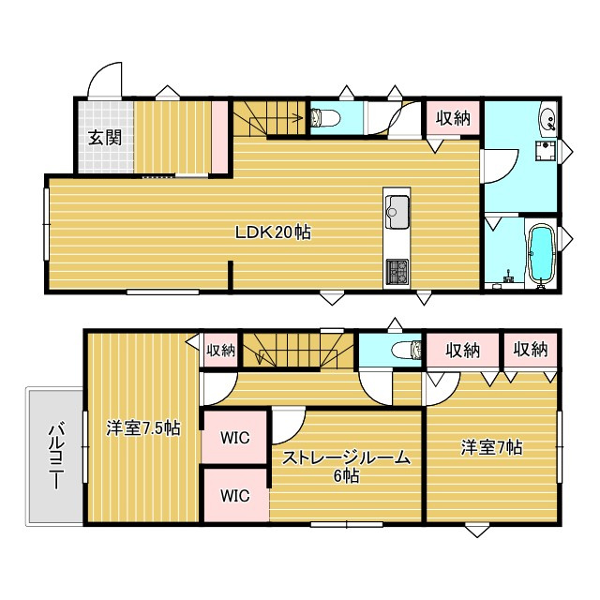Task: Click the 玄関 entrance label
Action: (x=105, y=138)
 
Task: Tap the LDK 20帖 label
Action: (x=273, y=232)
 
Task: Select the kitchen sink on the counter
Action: (x=397, y=212)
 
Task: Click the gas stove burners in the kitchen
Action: (x=397, y=272)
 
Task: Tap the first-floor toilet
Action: (x=325, y=117)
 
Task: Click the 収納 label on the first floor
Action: (x=453, y=118)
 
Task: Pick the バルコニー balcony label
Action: (x=56, y=456)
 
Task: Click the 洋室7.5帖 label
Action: (x=143, y=427)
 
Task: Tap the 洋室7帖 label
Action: (x=491, y=447)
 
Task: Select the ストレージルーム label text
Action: (x=346, y=457)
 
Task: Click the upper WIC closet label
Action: (x=235, y=438)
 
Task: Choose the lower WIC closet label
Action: (x=235, y=496)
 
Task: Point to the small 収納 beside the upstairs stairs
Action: (x=221, y=350)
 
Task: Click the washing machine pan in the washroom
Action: (x=546, y=152)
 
